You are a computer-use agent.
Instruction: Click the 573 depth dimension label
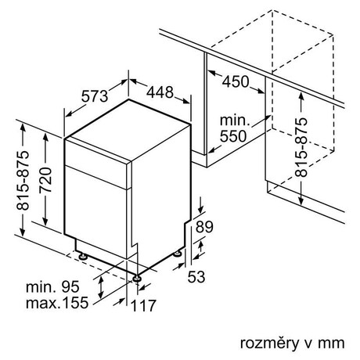pyautogui.click(x=95, y=96)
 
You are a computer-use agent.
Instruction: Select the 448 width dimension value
pyautogui.click(x=160, y=92)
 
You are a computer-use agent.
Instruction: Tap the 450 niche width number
pyautogui.click(x=236, y=81)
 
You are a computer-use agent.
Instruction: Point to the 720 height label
pyautogui.click(x=45, y=180)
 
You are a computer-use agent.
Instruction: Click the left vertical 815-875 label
pyautogui.click(x=23, y=181)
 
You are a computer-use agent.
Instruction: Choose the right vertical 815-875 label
pyautogui.click(x=301, y=148)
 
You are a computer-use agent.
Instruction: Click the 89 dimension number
pyautogui.click(x=204, y=227)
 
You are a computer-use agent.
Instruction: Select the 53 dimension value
pyautogui.click(x=196, y=276)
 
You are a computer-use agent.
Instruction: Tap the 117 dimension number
pyautogui.click(x=143, y=305)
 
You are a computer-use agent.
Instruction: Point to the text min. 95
pyautogui.click(x=52, y=286)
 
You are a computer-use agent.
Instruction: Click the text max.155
pyautogui.click(x=57, y=303)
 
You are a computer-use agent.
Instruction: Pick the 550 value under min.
pyautogui.click(x=233, y=136)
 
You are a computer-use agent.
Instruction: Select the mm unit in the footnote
pyautogui.click(x=331, y=344)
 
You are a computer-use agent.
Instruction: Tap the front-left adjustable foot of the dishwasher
pyautogui.click(x=83, y=256)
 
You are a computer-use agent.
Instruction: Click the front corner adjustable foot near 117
pyautogui.click(x=137, y=278)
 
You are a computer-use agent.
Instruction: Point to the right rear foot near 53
pyautogui.click(x=178, y=253)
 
